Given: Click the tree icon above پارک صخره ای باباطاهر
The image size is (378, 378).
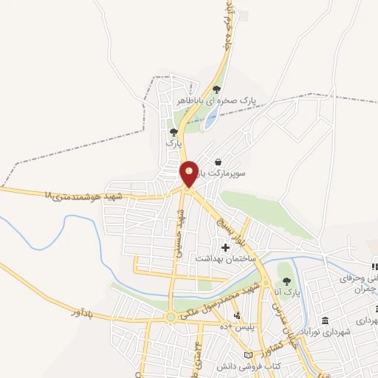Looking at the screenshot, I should (x=216, y=89).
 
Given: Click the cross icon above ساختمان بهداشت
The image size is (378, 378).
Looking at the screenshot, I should (x=224, y=247).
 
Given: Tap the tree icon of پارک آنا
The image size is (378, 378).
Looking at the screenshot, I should (x=286, y=281).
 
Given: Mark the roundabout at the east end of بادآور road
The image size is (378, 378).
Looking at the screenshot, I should (x=171, y=317).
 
